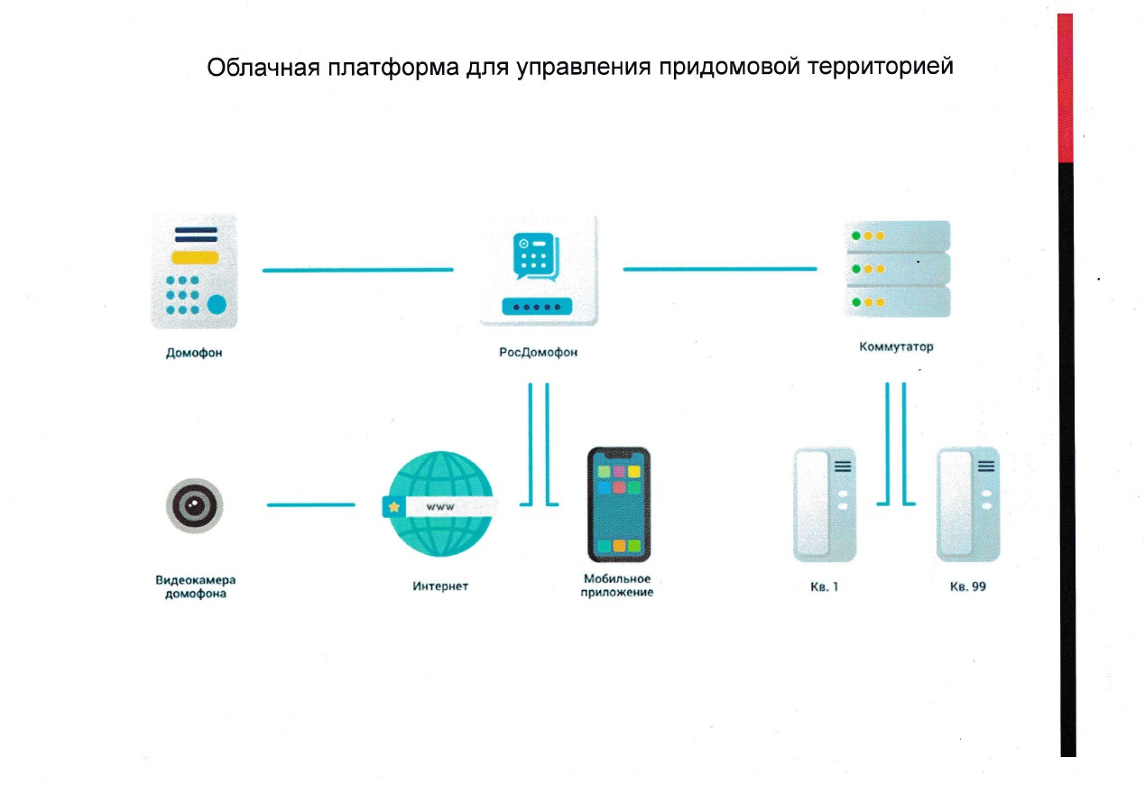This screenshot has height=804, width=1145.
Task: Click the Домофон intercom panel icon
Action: coord(194,270)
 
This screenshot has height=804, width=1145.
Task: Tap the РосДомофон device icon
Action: coord(539,270)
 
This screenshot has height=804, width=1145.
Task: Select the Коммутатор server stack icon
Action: coord(895,268)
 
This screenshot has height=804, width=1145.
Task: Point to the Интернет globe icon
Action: coord(438,505)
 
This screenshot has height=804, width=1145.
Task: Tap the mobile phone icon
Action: coord(618,504)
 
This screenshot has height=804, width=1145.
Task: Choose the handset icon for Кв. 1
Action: coord(825,505)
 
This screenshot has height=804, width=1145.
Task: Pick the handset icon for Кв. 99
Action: coord(967,505)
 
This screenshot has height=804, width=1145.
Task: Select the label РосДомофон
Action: coord(538,353)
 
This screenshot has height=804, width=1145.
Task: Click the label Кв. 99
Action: coord(967,587)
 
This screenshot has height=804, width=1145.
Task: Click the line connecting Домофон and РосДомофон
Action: coord(357,269)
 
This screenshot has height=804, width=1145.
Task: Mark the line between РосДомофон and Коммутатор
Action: coord(719,268)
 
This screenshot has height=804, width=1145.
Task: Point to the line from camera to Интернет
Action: coord(310,504)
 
